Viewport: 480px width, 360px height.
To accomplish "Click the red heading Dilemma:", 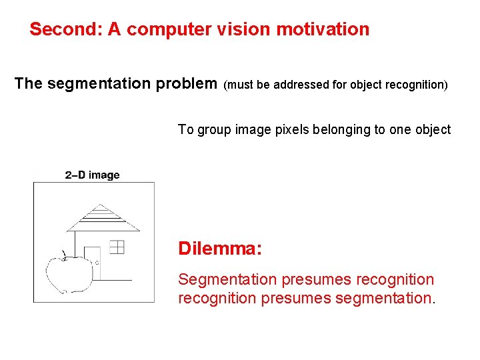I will coord(220,249).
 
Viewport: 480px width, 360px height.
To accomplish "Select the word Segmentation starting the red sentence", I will coord(226,279).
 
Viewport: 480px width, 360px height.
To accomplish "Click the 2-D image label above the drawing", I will coord(93,175).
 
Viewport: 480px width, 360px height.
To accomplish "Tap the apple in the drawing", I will coord(68,273).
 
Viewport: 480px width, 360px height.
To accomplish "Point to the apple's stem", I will coord(64,254).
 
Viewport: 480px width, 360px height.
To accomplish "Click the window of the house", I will coord(117,247).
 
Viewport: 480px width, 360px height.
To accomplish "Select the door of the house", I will coord(93,263).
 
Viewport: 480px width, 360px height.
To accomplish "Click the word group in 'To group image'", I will coord(211,130).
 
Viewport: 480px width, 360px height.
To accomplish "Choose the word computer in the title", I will coord(163,29).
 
